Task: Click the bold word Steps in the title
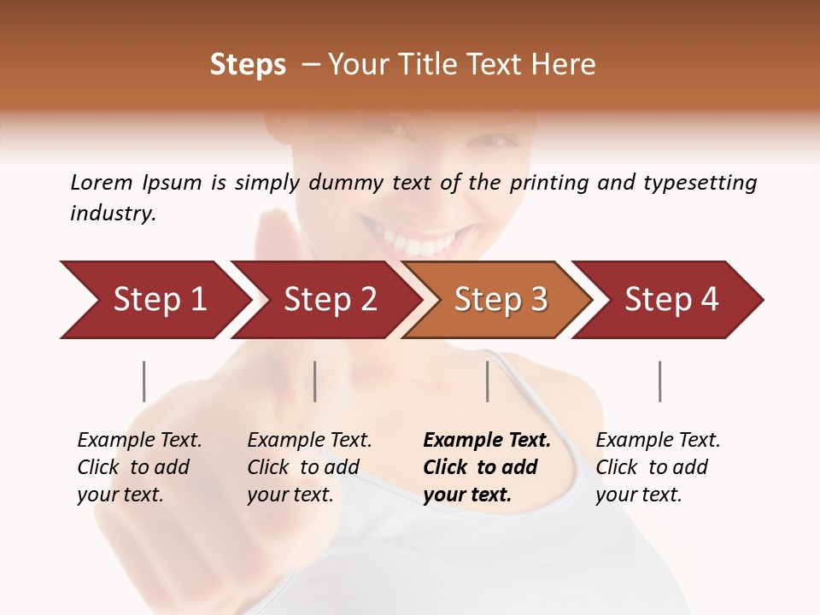point(248,65)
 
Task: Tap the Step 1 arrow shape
point(154,300)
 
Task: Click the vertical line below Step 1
point(144,381)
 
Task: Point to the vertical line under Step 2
point(315,381)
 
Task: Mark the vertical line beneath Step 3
point(487,381)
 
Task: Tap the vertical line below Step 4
point(659,381)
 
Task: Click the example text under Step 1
point(139,467)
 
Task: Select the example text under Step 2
point(309,467)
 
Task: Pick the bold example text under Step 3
point(486,467)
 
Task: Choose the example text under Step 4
point(658,467)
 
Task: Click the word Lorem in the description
point(101,182)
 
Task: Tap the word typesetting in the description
point(700,183)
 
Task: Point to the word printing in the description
point(548,183)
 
